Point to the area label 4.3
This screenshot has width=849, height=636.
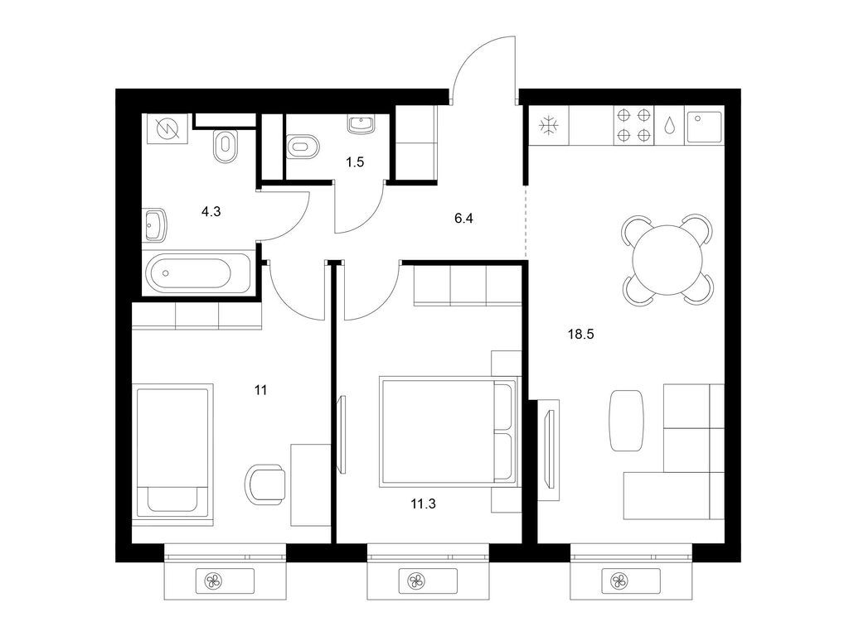pos(211,211)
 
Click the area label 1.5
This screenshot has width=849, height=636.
pos(355,162)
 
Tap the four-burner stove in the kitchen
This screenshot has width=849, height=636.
pos(633,126)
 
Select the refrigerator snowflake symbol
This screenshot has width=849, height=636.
pos(548,126)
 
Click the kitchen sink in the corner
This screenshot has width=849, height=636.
pos(705,126)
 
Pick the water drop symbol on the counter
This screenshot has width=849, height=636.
pos(669,127)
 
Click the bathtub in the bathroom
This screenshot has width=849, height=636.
pos(199,272)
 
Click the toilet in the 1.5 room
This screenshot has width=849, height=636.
pos(300,148)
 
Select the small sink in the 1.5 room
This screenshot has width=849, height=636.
pos(361,124)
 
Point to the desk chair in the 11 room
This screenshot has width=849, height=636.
pos(266,484)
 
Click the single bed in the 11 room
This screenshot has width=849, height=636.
pos(172,450)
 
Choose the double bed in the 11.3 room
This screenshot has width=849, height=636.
pos(446,430)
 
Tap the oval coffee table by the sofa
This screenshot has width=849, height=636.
pos(628,420)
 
